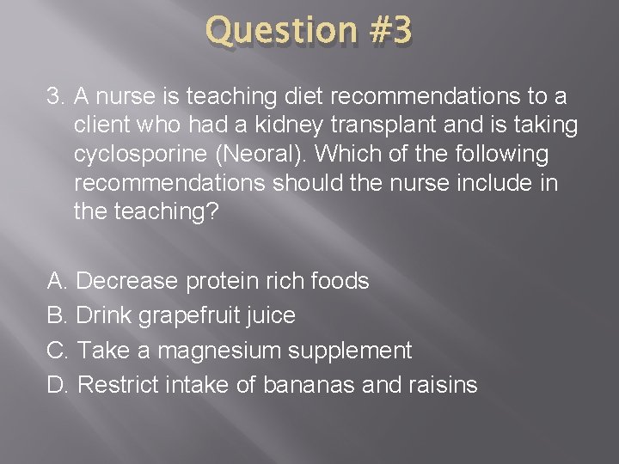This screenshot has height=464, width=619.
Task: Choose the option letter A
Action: click(x=57, y=281)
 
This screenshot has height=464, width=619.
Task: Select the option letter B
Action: click(x=57, y=315)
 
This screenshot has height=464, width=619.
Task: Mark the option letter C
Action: click(x=57, y=350)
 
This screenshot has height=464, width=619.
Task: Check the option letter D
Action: click(x=57, y=384)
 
